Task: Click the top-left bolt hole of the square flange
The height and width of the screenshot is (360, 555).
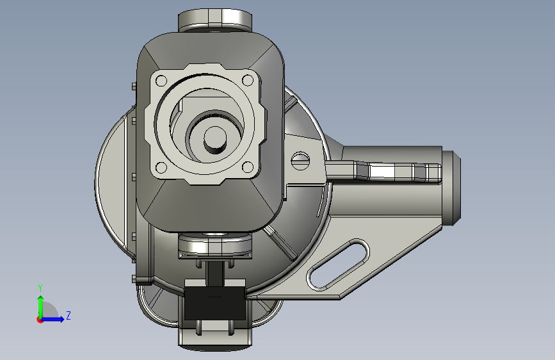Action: tap(161, 81)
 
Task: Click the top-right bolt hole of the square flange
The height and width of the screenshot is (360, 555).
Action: tap(248, 81)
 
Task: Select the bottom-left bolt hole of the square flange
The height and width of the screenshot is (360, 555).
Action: tap(161, 167)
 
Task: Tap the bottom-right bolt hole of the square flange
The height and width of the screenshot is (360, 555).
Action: tap(248, 167)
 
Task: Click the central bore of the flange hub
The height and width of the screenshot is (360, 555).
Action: tap(215, 140)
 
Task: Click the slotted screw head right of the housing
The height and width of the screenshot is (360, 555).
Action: tap(300, 161)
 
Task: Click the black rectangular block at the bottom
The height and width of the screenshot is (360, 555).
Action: tap(215, 303)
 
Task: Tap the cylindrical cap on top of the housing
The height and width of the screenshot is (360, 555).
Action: tap(215, 20)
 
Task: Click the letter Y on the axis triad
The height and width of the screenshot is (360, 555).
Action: tap(40, 288)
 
